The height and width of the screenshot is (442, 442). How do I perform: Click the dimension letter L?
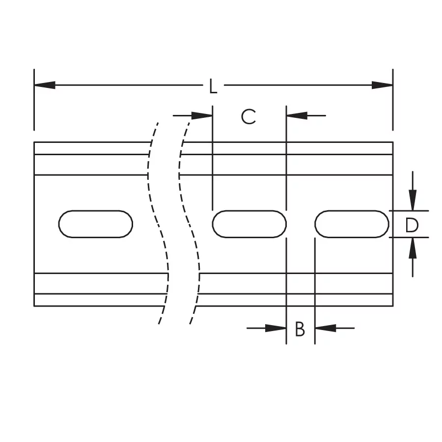click(x=213, y=86)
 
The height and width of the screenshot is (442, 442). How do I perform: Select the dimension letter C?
click(x=249, y=116)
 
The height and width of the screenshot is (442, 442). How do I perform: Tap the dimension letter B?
click(x=300, y=329)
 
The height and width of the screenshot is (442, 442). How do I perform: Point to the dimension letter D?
click(x=412, y=225)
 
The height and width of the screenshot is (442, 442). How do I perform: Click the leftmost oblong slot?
click(x=96, y=224)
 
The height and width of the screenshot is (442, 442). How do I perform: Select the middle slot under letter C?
click(x=249, y=224)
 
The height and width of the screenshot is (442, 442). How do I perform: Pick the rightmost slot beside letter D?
click(x=352, y=224)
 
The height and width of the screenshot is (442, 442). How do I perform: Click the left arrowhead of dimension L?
click(x=45, y=85)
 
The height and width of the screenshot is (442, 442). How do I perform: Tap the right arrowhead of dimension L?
click(x=382, y=85)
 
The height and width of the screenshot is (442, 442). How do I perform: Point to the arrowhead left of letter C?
click(x=202, y=115)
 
